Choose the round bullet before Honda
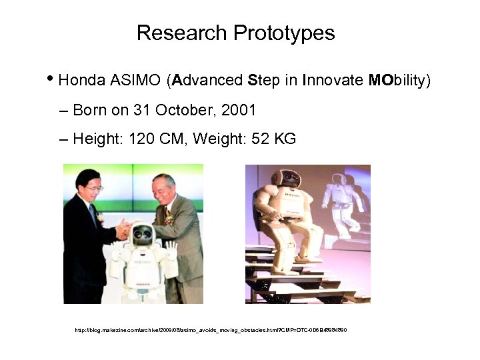pos(52,80)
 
